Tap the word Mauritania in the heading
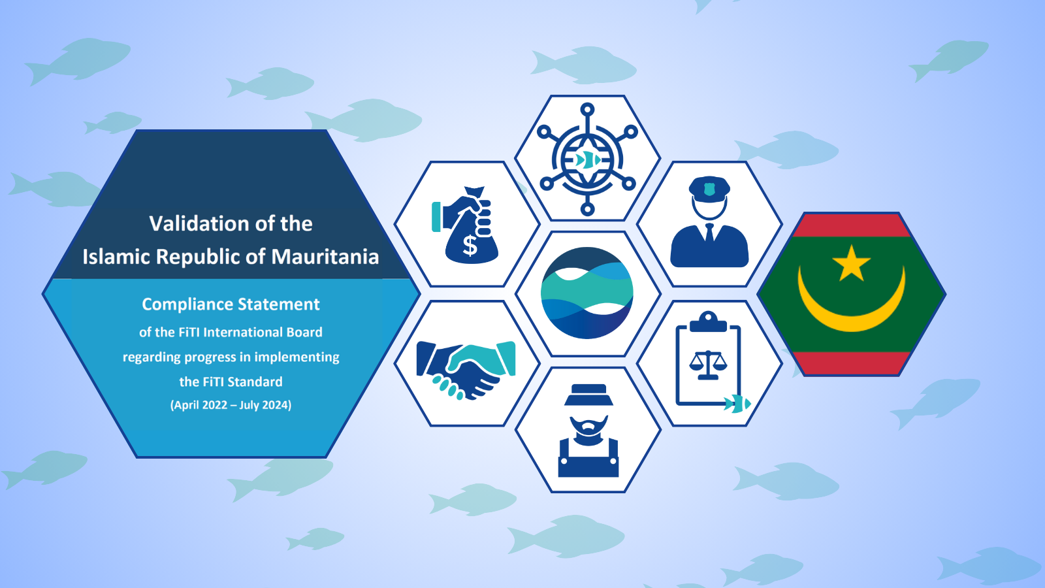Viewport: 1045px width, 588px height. coord(325,257)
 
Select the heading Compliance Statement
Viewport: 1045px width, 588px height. coord(231,304)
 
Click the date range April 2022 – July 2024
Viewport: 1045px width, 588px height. coord(231,404)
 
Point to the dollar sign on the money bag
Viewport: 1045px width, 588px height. coord(470,246)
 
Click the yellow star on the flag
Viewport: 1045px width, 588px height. coord(852,263)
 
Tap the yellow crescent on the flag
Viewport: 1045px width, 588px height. coord(852,306)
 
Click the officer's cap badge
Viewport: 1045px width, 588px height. coord(709,189)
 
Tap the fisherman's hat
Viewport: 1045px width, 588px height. coord(588,395)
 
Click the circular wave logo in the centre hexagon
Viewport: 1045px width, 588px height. coord(587,293)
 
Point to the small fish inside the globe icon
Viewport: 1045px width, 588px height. coord(588,161)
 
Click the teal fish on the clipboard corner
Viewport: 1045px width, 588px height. coord(737,404)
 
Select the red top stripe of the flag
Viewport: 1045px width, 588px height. coord(852,225)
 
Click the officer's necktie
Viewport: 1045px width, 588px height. coord(709,233)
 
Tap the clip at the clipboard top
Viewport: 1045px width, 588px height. coord(708,321)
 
